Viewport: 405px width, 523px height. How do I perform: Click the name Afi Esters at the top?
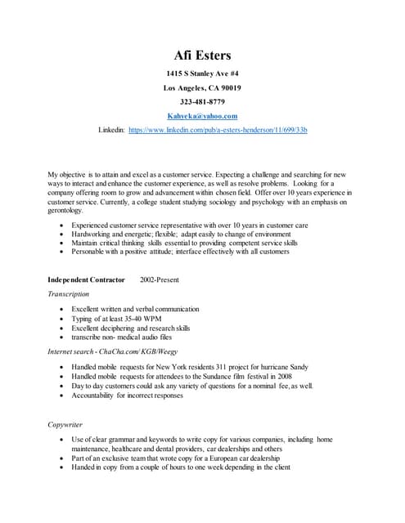pyautogui.click(x=202, y=56)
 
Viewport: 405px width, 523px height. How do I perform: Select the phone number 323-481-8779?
pyautogui.click(x=202, y=101)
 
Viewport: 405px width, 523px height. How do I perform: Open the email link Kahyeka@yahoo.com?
pyautogui.click(x=202, y=116)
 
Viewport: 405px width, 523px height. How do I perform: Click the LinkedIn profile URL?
pyautogui.click(x=218, y=130)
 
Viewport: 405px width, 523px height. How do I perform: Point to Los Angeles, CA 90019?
pyautogui.click(x=202, y=87)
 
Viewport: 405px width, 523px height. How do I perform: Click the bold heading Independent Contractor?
pyautogui.click(x=87, y=279)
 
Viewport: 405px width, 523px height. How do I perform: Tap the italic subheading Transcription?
pyautogui.click(x=69, y=294)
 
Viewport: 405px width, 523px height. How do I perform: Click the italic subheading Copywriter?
pyautogui.click(x=66, y=426)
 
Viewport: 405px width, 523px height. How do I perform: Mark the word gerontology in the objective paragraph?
pyautogui.click(x=66, y=210)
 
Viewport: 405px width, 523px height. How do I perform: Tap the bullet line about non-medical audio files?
pyautogui.click(x=122, y=337)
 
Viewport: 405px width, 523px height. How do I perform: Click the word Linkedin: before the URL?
pyautogui.click(x=111, y=130)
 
